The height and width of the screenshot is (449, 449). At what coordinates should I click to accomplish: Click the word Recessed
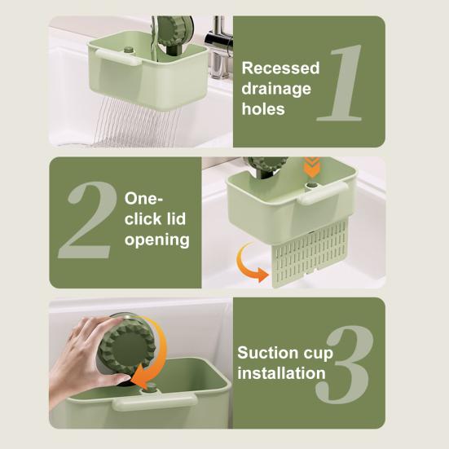coord(280,68)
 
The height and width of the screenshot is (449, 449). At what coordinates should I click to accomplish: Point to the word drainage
coord(276,88)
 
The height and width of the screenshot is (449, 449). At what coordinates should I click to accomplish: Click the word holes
coord(263,108)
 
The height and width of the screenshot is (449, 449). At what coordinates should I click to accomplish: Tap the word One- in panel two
coord(144,200)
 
